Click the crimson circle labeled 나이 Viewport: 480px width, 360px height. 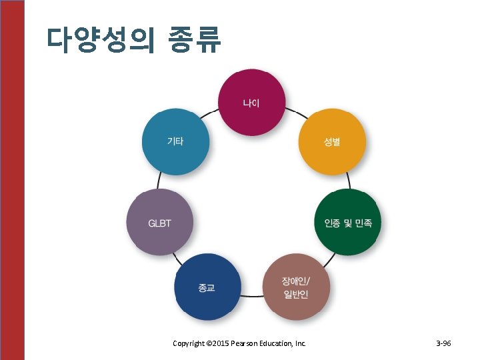251,102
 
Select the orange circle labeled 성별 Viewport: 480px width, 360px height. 331,141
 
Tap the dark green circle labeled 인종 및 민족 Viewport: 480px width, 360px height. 347,222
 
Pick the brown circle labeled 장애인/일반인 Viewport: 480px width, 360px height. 296,287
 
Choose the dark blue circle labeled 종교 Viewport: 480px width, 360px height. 207,287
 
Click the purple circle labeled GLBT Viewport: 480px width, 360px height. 159,222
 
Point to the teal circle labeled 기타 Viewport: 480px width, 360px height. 175,141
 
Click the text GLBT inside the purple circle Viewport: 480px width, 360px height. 159,223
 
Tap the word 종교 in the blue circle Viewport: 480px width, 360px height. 207,288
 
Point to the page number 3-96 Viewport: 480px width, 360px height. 443,343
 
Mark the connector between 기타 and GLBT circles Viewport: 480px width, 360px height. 160,181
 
